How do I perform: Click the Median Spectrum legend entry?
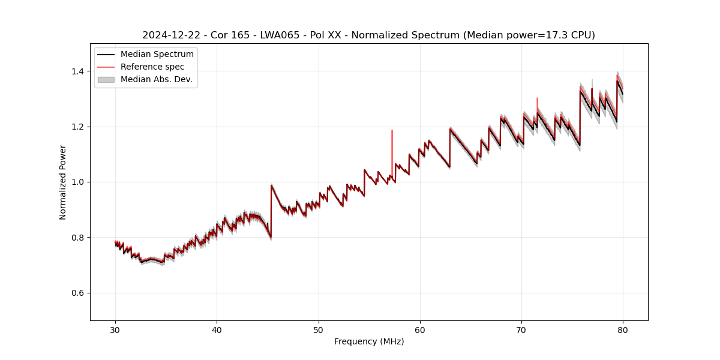[157, 55]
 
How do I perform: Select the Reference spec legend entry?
[152, 67]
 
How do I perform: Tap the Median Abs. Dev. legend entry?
[156, 79]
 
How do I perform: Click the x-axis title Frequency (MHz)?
[369, 341]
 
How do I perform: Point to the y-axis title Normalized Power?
[63, 182]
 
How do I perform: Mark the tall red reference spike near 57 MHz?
[392, 144]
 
